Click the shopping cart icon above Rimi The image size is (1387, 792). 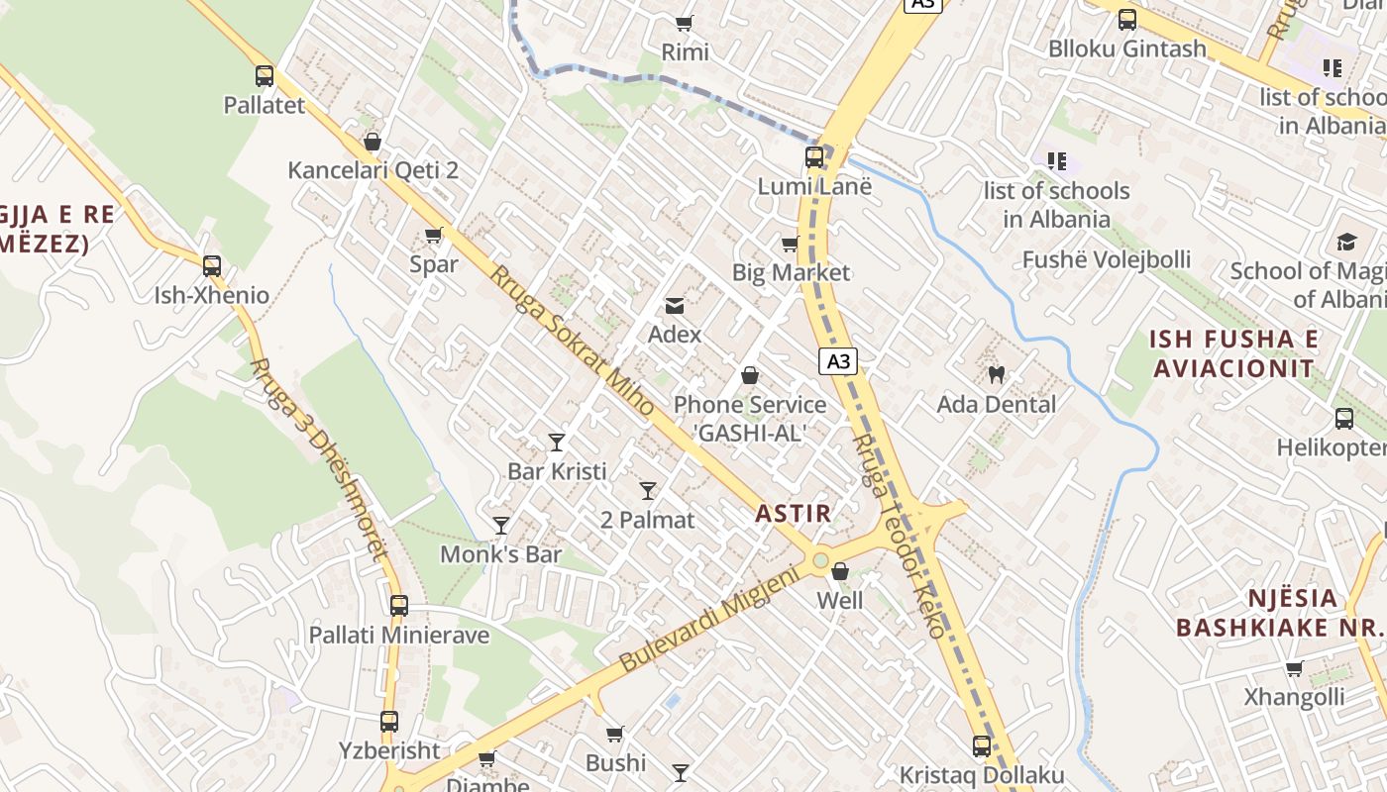pos(684,23)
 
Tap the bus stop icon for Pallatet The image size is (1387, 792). pos(264,76)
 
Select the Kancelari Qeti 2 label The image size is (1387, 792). pos(373,170)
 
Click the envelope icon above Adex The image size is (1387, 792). pos(675,306)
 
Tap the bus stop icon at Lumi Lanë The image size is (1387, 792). pos(814,157)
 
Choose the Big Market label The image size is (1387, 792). pos(791,272)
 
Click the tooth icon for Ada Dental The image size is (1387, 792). pos(996,375)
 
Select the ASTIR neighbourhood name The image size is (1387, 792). pos(793,513)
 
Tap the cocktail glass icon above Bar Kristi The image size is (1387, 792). pos(557,443)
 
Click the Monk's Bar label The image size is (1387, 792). pos(500,554)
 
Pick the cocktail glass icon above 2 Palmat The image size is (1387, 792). pos(648,490)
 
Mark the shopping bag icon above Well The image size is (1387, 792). pos(840,571)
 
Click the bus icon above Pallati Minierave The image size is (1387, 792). pos(399,605)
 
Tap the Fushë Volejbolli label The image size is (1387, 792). pos(1106,259)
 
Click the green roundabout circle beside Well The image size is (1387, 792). pos(820,561)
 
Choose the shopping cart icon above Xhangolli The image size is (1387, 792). pos(1294,668)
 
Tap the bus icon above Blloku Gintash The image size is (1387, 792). pos(1127,19)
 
